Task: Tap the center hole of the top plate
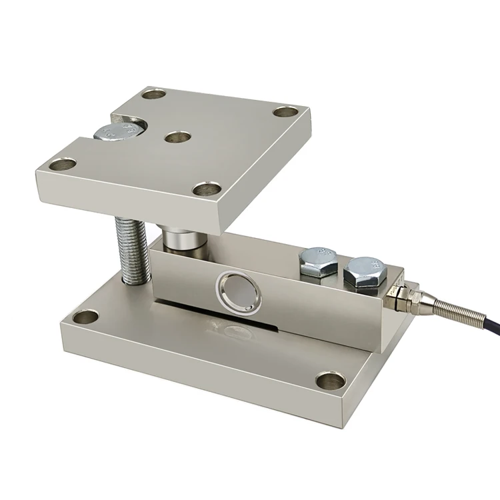click(x=176, y=138)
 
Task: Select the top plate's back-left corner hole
click(x=154, y=94)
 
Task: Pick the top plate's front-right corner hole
click(x=206, y=189)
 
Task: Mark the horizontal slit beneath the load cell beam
click(x=220, y=319)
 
